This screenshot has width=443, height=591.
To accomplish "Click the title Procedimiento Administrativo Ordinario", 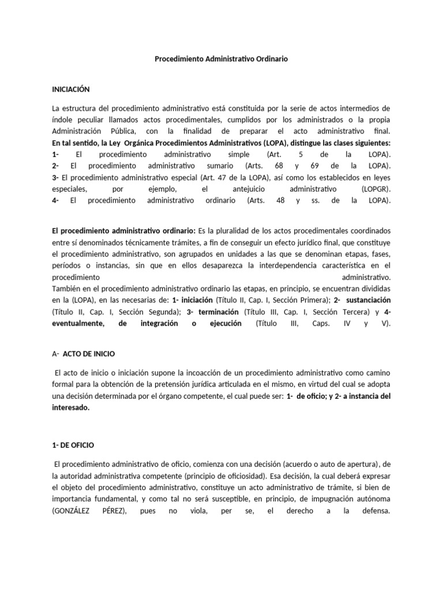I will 221,59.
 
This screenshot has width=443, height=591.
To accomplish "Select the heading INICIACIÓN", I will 71,89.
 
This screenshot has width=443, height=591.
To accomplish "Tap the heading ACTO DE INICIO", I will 91,353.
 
